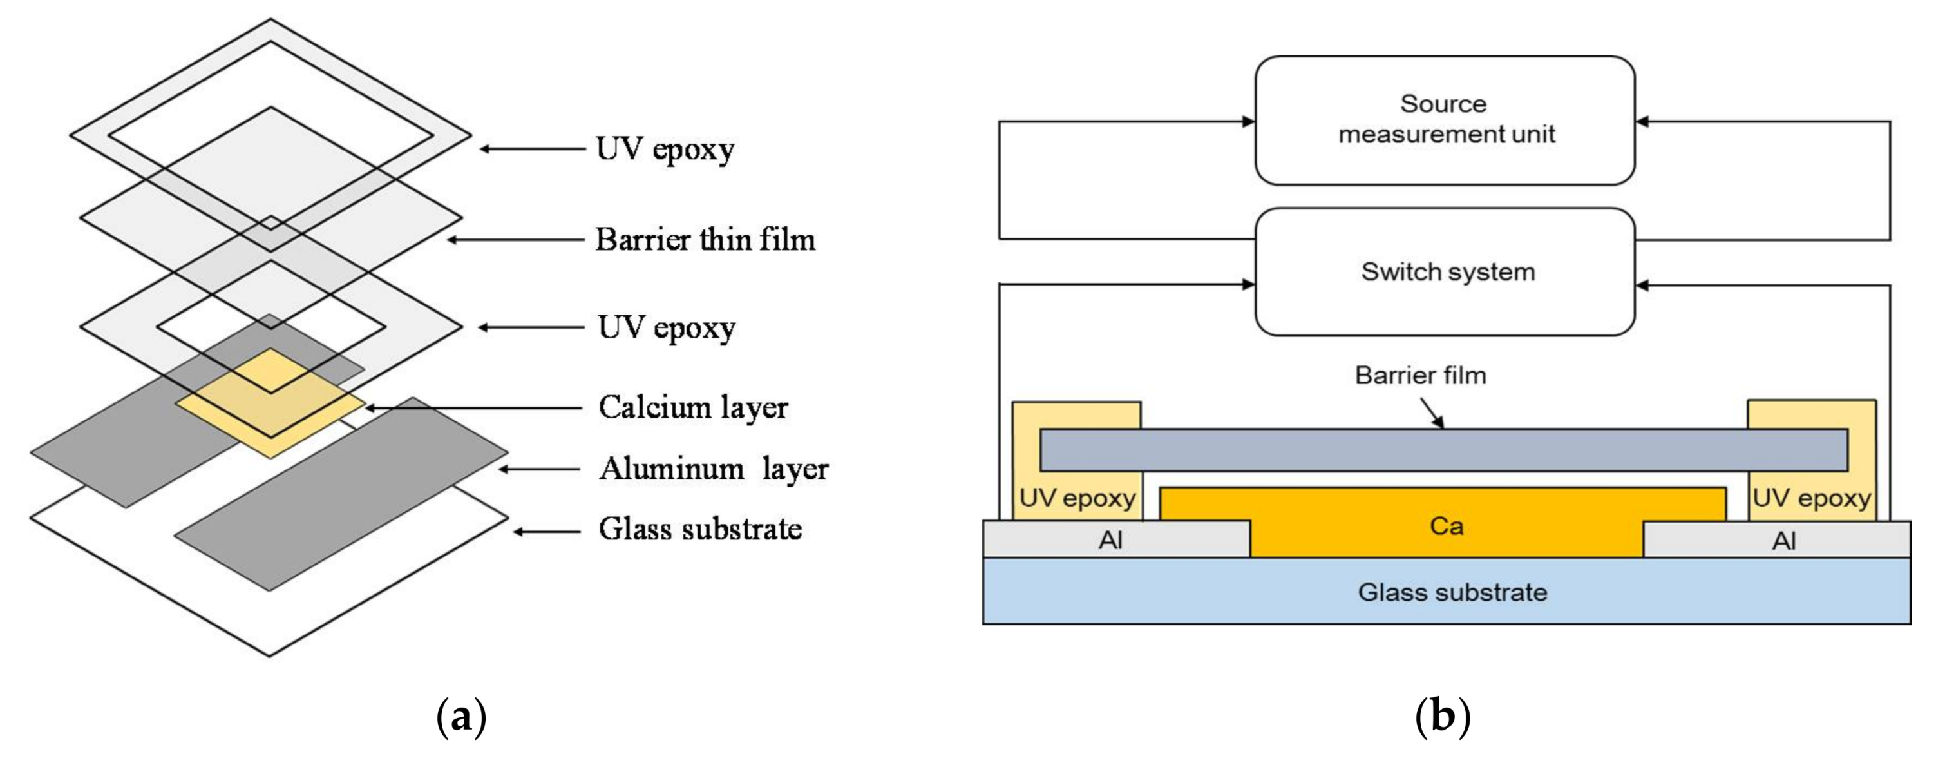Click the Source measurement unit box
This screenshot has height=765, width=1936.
1445,120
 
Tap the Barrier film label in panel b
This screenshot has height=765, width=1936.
1419,374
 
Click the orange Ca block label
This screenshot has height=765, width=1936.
1446,525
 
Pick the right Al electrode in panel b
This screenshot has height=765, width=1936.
1783,539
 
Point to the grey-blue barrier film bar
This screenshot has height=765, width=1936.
1443,450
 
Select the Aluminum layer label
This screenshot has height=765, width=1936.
712,468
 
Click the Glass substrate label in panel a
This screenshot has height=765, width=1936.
699,529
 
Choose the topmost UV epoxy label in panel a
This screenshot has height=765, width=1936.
665,148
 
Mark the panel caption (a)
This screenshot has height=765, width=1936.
460,717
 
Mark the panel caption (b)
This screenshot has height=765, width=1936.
1441,717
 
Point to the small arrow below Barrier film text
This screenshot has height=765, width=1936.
1431,412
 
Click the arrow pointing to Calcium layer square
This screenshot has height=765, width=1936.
473,408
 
